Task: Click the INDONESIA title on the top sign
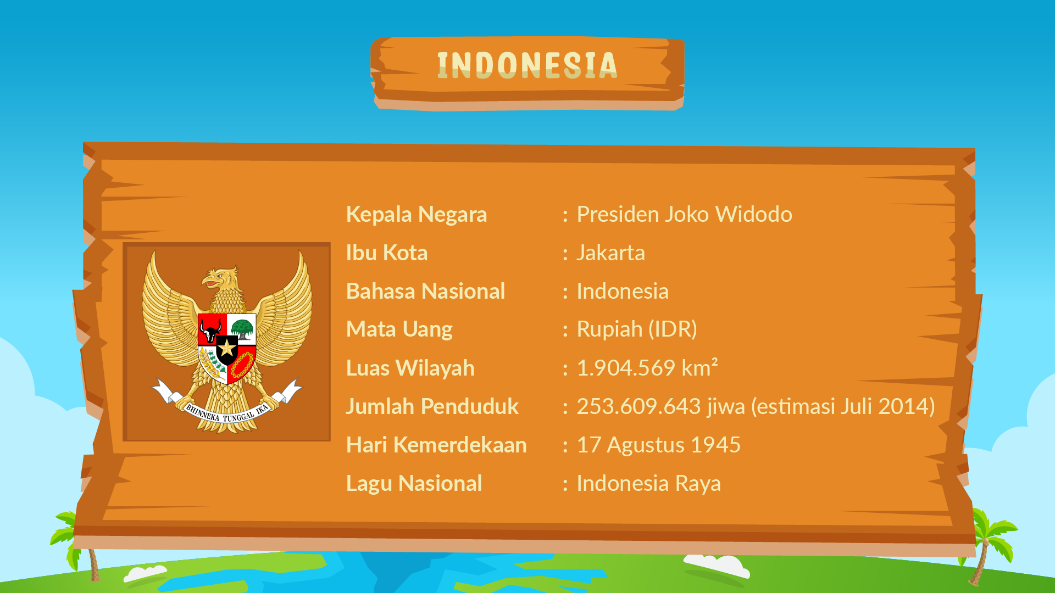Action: [527, 65]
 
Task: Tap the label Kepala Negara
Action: [417, 215]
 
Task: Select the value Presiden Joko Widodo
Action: [684, 214]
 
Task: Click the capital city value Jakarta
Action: [610, 253]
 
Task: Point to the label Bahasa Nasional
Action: [425, 291]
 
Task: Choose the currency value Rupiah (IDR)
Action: [637, 329]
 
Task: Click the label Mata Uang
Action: [399, 330]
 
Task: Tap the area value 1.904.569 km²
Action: [647, 367]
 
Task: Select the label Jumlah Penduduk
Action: [432, 407]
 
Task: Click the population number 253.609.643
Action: [638, 406]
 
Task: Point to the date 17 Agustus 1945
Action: [659, 445]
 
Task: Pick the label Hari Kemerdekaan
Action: [436, 445]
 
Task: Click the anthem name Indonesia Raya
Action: [648, 483]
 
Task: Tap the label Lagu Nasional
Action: [414, 484]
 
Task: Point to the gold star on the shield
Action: [227, 347]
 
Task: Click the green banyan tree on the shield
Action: [242, 329]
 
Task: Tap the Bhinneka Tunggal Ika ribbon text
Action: [227, 413]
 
